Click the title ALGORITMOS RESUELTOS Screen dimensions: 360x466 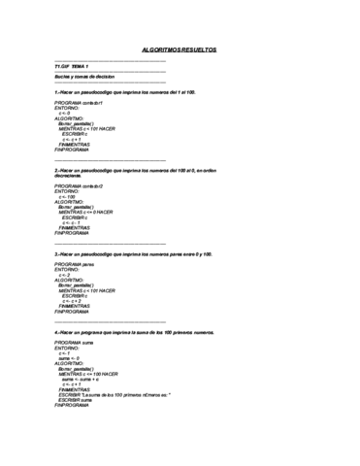(180, 47)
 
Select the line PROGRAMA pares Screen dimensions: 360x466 (74, 264)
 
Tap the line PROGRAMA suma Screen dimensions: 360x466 (74, 344)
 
